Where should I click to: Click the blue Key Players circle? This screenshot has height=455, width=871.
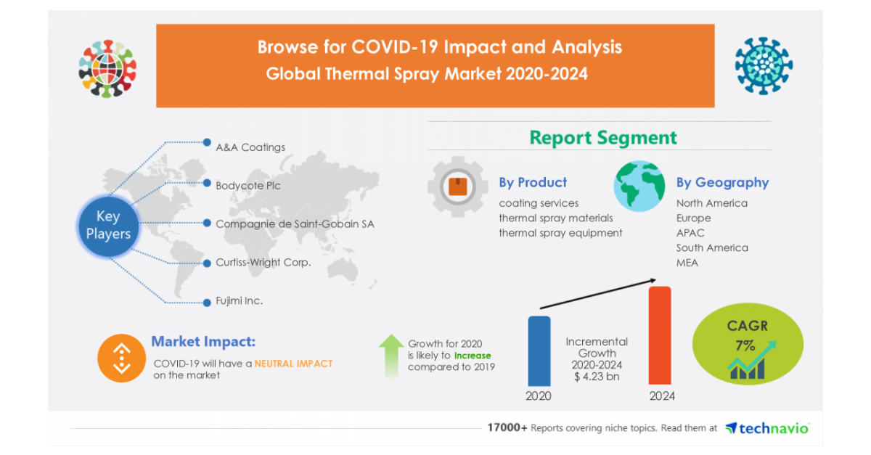pos(108,226)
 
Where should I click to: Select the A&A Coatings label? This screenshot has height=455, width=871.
pos(250,147)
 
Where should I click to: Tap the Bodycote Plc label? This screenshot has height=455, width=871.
pos(248,186)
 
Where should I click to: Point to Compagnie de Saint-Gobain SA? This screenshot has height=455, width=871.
pos(295,224)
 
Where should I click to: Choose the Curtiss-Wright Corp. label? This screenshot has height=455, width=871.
pos(263,262)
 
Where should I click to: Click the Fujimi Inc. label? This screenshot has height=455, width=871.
pos(239,300)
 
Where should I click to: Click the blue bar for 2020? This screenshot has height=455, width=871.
pos(539,351)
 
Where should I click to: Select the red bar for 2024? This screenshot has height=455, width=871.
pos(660,335)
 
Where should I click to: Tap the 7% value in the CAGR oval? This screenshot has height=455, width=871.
pos(745,345)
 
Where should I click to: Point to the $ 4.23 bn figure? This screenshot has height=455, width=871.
pos(597,377)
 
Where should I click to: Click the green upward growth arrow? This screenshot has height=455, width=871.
pos(391,355)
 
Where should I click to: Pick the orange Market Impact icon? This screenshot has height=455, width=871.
pos(122,358)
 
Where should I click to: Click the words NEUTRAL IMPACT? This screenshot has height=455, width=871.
pos(293,364)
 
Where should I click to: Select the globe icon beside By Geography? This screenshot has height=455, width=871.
pos(639,186)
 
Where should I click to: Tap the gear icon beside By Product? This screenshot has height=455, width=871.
pos(458,186)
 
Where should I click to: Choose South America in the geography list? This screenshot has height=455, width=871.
pos(712,247)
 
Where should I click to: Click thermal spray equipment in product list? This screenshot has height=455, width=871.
pos(560,233)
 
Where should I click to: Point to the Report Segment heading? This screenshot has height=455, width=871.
pos(603,138)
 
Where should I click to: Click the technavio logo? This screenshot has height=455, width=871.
pos(768,428)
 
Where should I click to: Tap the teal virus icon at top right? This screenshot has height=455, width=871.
pos(764,66)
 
